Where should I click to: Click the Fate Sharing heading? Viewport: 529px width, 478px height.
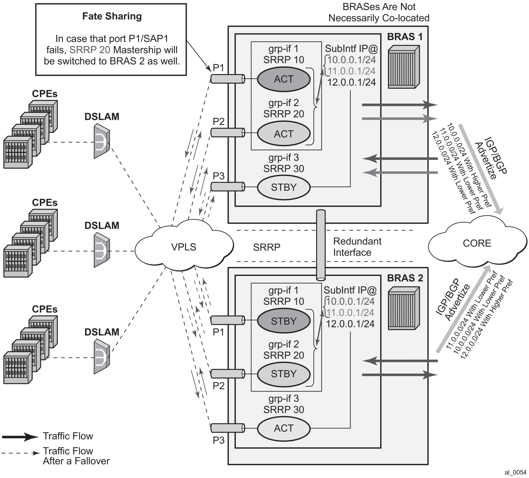coord(112,16)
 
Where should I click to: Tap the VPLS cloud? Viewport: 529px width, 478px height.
coord(183,247)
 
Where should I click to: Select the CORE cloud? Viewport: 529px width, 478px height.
coord(477,243)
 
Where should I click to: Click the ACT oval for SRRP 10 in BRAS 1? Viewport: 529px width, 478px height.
coord(284,79)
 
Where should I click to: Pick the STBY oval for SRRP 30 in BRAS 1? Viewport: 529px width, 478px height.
coord(284,187)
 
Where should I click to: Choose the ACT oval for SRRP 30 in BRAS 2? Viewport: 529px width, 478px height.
coord(284,428)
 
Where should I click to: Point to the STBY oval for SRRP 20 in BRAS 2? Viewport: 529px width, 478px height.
coord(284,374)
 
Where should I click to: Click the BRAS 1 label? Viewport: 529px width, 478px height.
coord(405,37)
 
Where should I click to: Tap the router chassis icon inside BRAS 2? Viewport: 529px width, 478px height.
coord(403,308)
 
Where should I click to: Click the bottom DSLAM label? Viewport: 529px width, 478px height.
coord(102,332)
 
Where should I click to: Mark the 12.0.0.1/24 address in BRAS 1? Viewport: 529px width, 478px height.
coord(351,82)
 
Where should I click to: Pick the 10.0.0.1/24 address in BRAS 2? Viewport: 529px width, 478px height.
coord(350,301)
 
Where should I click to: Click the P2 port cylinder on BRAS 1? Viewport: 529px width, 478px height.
coord(228,132)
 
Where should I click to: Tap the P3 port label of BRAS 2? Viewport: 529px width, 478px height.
coord(219,441)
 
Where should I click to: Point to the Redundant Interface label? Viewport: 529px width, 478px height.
coord(357,247)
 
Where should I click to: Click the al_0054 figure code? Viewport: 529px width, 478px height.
coord(515,473)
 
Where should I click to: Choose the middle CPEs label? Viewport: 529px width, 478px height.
coord(45,203)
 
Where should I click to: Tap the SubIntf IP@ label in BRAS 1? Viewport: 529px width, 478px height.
coord(351,49)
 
